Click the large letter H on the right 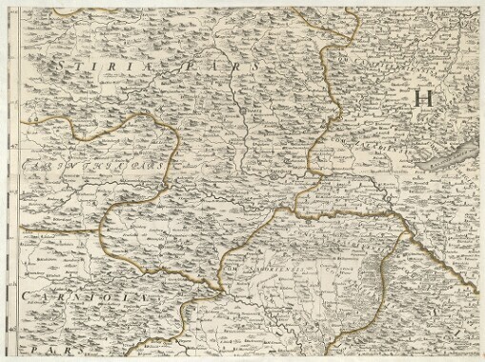(x=424, y=96)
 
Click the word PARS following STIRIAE (x=230, y=69)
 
